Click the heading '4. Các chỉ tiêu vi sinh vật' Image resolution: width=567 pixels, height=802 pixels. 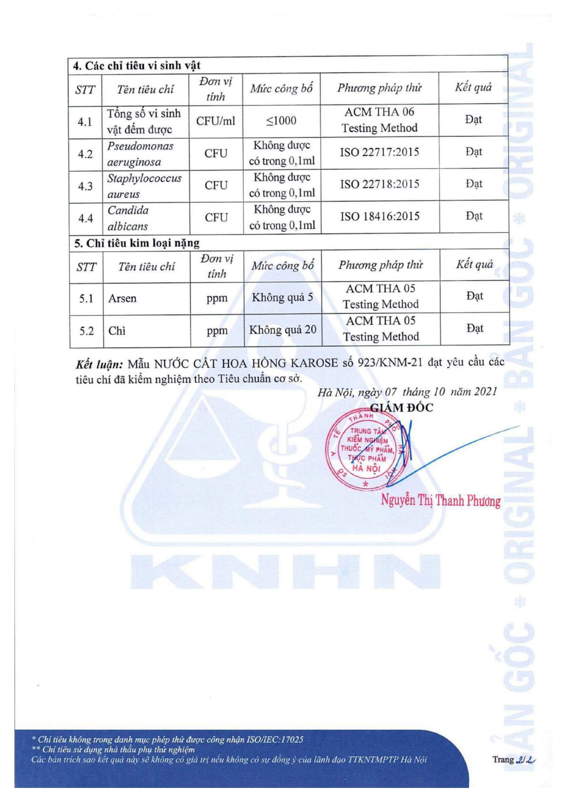(x=137, y=65)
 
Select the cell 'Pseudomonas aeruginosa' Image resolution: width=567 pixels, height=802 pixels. (x=140, y=154)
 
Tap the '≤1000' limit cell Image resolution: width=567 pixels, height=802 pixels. (x=281, y=121)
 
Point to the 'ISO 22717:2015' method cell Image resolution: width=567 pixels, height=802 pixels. (x=379, y=152)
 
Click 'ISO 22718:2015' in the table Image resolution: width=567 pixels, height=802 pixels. (x=379, y=184)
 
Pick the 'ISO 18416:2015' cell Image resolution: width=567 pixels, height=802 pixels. (x=380, y=216)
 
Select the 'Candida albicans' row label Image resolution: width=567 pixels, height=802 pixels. (x=128, y=218)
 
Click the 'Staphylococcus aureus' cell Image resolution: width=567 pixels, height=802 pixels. (x=144, y=186)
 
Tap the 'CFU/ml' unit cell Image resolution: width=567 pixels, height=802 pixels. (x=215, y=121)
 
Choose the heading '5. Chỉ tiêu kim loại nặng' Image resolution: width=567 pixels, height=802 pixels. (x=137, y=243)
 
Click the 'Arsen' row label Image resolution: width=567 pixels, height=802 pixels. (x=122, y=299)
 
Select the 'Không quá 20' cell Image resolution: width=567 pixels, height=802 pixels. (x=282, y=330)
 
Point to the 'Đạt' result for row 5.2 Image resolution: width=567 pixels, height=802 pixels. (x=474, y=328)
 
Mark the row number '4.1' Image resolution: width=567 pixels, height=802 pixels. (x=85, y=122)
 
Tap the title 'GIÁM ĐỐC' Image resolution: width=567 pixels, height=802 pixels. (x=401, y=408)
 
